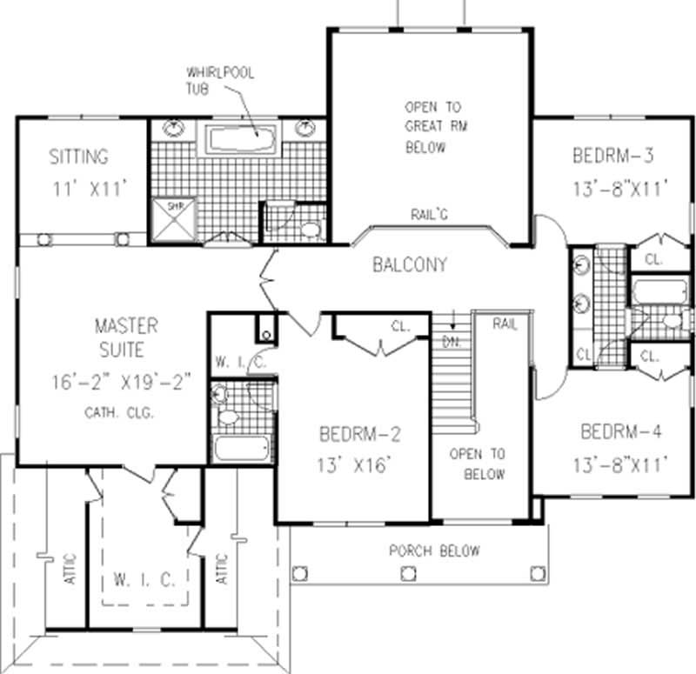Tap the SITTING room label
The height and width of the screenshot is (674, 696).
[79, 157]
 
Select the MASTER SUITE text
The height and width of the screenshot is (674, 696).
[126, 339]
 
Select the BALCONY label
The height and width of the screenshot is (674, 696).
[409, 264]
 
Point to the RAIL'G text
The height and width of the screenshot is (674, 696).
[429, 214]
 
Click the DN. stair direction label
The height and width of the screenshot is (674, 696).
[451, 341]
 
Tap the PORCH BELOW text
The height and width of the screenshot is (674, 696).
[433, 551]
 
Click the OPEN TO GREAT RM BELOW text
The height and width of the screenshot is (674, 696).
[432, 127]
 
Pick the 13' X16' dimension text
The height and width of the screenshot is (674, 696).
[357, 464]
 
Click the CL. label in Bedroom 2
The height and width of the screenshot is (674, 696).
[400, 329]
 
